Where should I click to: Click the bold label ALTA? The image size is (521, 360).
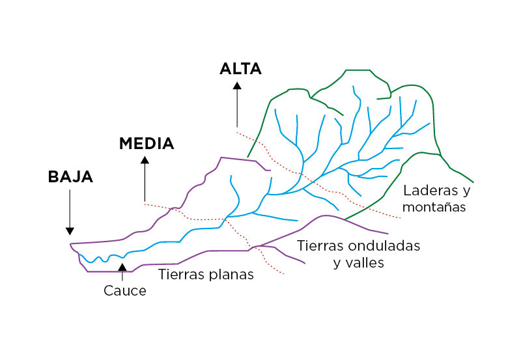240,69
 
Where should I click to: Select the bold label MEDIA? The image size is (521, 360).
147,144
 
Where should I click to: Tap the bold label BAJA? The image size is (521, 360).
70,176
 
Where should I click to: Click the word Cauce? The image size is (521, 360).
125,291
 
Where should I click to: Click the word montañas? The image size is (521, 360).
434,208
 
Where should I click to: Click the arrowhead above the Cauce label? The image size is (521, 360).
122,266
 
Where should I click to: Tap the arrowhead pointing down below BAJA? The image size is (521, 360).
70,230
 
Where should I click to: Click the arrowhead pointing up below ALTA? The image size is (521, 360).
237,85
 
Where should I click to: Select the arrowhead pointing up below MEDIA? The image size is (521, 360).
145,159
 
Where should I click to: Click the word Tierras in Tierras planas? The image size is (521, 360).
180,275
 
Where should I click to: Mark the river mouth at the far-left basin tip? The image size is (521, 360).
71,245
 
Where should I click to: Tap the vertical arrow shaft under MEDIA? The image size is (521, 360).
145,182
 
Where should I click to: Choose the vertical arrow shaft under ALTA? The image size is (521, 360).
237,107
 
